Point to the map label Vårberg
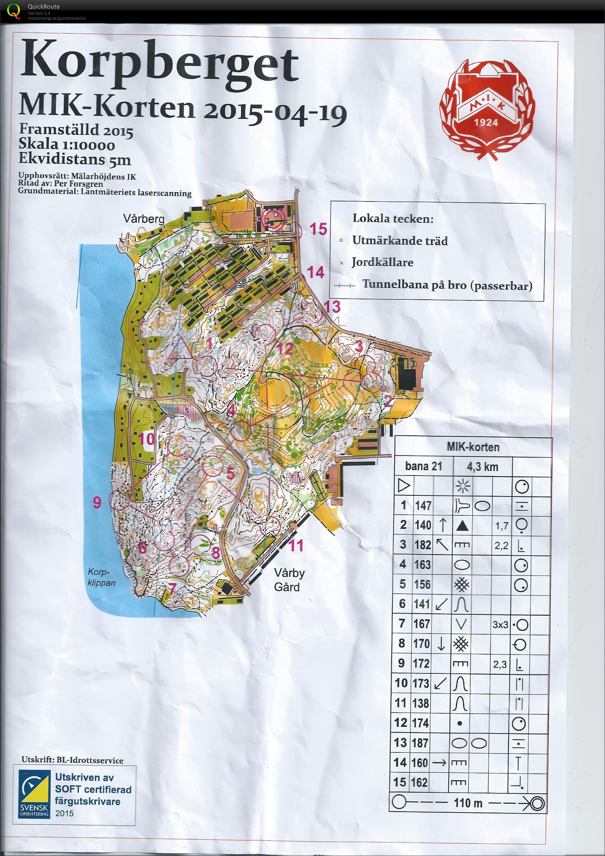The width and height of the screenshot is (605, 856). [144, 219]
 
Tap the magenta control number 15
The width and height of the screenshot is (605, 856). [318, 229]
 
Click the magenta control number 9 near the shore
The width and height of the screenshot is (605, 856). [97, 503]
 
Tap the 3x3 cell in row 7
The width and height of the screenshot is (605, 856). [500, 624]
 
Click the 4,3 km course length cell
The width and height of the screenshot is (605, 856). [482, 466]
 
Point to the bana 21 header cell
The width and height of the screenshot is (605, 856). [424, 466]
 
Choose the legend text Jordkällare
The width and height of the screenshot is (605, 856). [382, 262]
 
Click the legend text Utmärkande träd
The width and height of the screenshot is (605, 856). [400, 241]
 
